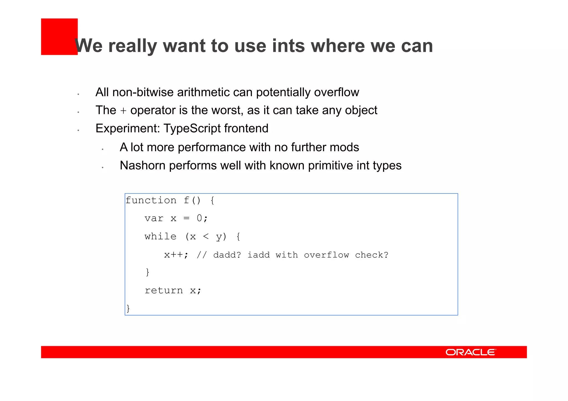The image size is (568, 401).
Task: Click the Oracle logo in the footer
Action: pos(471,352)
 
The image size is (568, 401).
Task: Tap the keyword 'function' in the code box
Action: pos(151,200)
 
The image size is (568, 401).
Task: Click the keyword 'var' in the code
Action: pos(154,219)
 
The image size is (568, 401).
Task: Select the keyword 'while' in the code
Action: pos(160,237)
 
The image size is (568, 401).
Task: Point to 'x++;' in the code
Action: pos(176,255)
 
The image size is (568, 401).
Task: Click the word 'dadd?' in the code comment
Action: pos(227,255)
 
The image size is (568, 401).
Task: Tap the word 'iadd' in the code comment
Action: pos(258,255)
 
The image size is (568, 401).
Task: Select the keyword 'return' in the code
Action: pos(164,290)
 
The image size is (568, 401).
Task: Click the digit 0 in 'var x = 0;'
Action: pos(199,218)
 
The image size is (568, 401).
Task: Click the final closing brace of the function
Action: pos(128,308)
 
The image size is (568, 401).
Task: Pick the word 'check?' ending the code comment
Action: pos(372,255)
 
